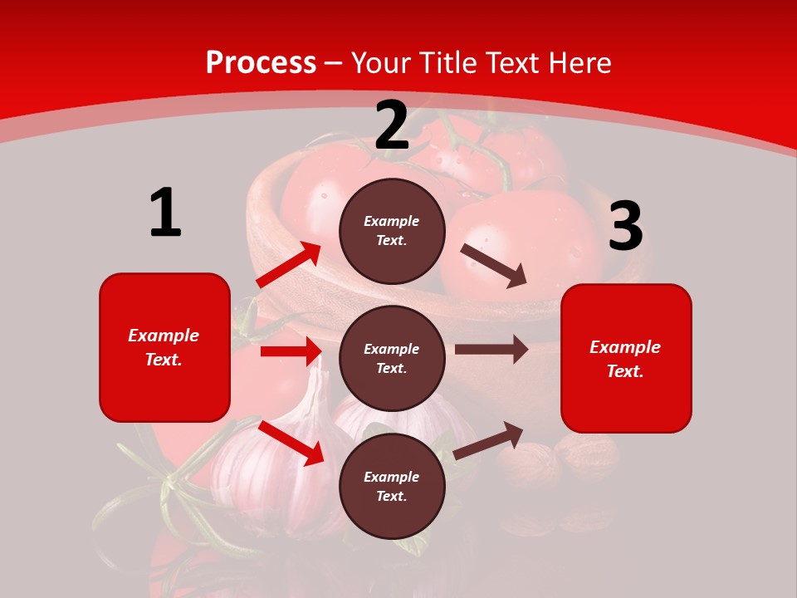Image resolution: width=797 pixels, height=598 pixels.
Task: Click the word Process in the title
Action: point(261,63)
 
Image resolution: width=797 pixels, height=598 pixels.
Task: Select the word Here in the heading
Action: point(578,63)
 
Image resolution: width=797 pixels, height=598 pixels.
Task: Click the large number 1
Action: point(165,213)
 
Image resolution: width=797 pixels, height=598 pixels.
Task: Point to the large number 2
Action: point(392,126)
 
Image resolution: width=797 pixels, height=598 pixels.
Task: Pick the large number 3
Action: point(625,227)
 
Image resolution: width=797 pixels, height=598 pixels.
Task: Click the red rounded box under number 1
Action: point(164,347)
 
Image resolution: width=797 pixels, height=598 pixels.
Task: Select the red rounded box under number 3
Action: point(626,358)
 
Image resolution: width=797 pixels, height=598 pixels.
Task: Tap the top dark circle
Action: point(392,231)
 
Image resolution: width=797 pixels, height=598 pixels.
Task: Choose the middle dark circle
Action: point(392,358)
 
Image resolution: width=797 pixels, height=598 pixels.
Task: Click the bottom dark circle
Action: point(392,486)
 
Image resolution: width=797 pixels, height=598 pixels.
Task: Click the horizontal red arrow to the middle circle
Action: point(291,351)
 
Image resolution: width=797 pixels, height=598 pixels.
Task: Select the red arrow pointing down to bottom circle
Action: point(291,443)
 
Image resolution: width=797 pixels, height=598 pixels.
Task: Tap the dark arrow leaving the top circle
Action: point(493,265)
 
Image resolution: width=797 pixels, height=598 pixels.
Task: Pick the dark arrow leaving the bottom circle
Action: point(488,441)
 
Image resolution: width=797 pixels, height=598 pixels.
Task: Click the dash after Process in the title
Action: point(334,63)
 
